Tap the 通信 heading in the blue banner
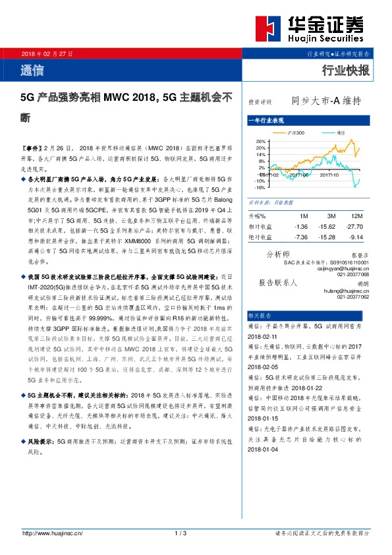click(x=33, y=70)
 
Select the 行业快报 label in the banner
click(x=345, y=71)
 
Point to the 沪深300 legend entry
click(x=294, y=132)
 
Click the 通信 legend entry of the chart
click(x=339, y=132)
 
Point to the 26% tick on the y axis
click(x=261, y=141)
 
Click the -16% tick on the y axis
click(x=260, y=187)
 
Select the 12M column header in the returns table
click(x=357, y=216)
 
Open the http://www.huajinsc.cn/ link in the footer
click(x=52, y=533)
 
